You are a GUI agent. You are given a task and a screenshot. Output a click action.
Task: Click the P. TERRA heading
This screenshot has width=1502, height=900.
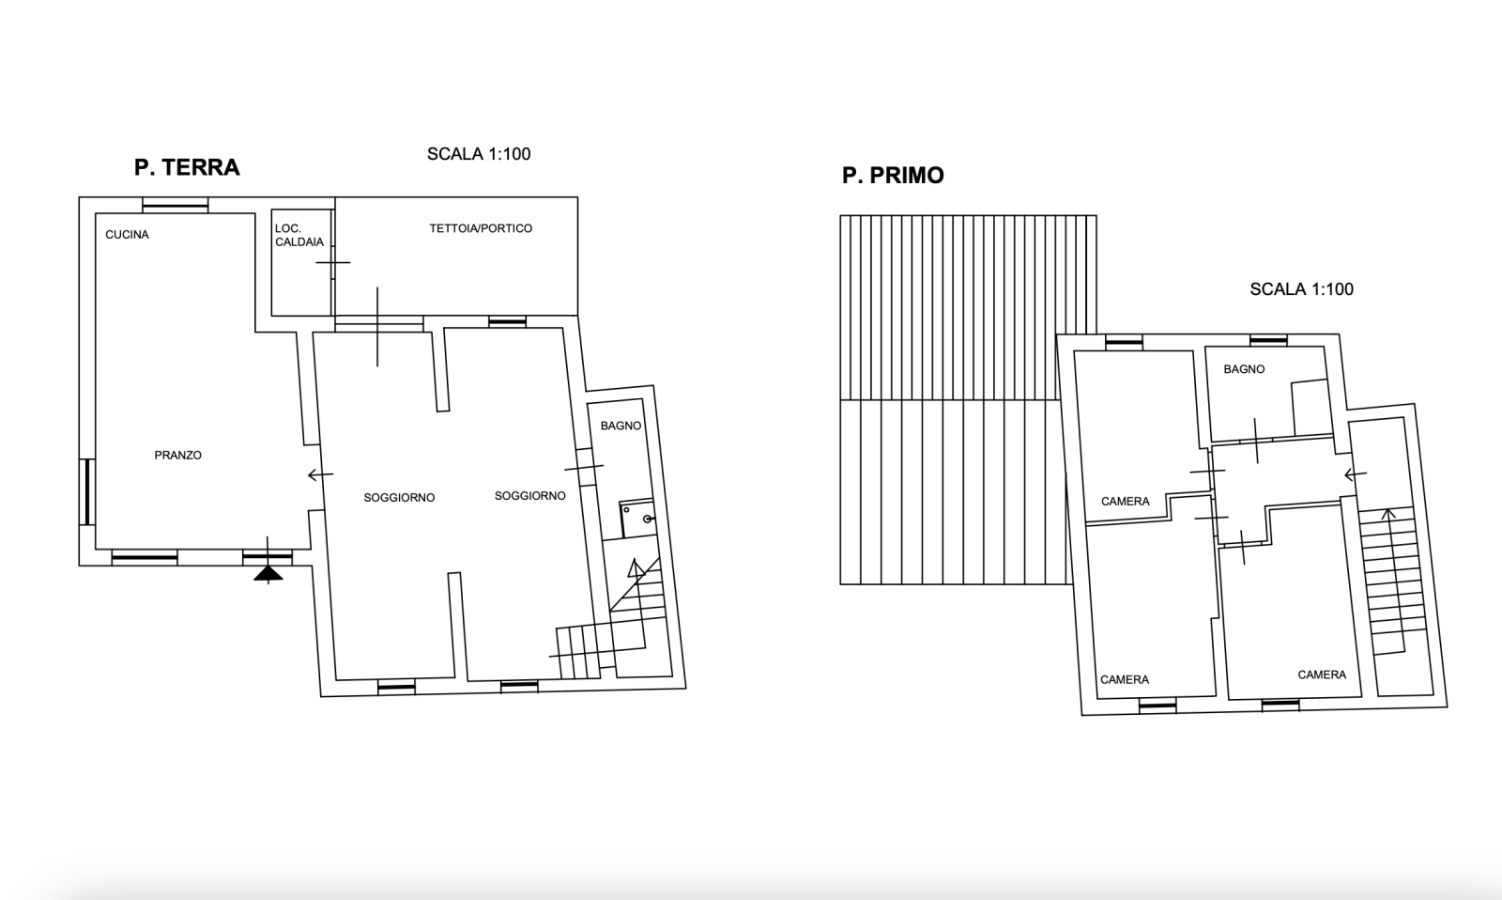[x=187, y=167]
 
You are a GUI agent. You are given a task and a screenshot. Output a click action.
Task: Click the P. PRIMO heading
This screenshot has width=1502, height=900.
[x=893, y=175]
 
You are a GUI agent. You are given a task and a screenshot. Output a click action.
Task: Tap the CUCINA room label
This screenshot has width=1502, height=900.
[x=128, y=234]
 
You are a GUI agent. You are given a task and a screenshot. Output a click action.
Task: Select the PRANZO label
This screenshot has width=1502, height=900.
[x=177, y=455]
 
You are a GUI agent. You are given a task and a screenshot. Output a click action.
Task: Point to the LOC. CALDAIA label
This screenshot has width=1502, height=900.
[x=299, y=235]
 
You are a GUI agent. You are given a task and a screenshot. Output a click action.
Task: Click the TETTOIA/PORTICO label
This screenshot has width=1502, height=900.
[x=481, y=228]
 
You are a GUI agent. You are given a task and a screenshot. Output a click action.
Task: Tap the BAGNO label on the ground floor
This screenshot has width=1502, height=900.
[x=621, y=426]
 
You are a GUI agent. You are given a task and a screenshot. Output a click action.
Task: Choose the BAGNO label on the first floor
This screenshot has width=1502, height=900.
[x=1244, y=369]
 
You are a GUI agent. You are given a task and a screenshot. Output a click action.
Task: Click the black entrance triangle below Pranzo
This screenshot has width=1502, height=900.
[x=268, y=573]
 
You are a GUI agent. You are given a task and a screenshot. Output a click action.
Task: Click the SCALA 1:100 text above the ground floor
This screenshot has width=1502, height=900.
[x=479, y=154]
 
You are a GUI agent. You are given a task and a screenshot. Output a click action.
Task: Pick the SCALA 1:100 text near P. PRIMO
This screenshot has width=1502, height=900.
[x=1301, y=289]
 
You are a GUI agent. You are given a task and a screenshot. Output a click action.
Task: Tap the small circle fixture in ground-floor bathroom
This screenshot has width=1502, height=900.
[x=648, y=519]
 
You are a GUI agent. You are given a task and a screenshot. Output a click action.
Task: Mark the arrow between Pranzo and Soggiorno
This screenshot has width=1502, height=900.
[x=320, y=474]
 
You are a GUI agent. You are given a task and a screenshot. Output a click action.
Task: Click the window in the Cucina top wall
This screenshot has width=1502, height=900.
[x=176, y=206]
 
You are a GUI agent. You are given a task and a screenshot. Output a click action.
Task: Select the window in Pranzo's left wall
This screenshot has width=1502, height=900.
[x=87, y=492]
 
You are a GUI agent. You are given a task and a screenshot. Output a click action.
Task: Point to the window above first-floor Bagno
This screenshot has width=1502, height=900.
[x=1268, y=341]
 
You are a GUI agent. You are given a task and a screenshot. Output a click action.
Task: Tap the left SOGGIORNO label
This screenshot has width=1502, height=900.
[x=399, y=497]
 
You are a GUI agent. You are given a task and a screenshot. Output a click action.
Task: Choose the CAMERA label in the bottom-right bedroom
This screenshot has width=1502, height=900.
[x=1322, y=675]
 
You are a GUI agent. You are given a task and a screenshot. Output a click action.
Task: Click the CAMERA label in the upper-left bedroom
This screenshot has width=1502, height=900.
[x=1126, y=502]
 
